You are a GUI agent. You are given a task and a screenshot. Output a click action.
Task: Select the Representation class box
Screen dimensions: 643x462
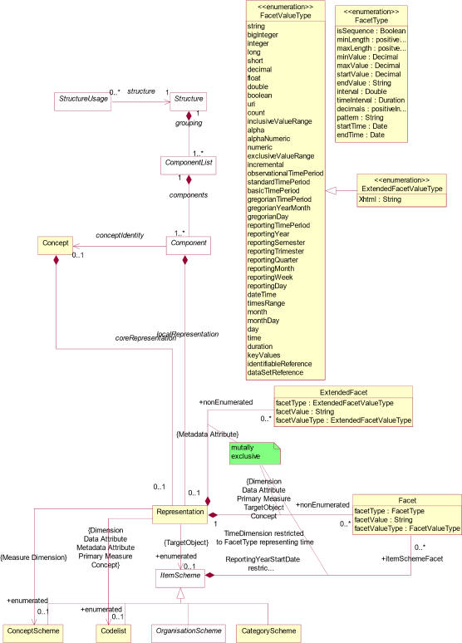point(180,512)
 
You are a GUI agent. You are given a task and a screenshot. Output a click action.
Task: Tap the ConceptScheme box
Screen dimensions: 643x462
point(33,631)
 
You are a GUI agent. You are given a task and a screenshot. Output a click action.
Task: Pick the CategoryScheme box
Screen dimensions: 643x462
point(268,631)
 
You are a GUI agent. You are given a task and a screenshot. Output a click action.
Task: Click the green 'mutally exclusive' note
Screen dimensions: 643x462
point(253,453)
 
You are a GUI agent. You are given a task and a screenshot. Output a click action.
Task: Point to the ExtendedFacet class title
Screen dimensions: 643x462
point(343,392)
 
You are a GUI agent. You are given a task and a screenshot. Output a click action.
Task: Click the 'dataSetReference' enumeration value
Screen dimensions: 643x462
point(275,372)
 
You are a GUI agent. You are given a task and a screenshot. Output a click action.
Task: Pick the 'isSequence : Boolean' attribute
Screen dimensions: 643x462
point(371,31)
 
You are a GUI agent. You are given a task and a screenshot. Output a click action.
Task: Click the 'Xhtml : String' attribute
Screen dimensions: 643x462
point(380,199)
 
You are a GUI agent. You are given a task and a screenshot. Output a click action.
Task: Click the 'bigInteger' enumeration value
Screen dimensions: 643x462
point(264,35)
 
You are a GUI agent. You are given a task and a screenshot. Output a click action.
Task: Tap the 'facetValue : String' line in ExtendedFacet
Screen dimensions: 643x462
point(306,411)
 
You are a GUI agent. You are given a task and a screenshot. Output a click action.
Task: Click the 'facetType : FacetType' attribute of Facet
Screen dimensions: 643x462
point(389,511)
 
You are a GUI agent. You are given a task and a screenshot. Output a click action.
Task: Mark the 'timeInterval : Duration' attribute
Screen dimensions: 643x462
point(371,100)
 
